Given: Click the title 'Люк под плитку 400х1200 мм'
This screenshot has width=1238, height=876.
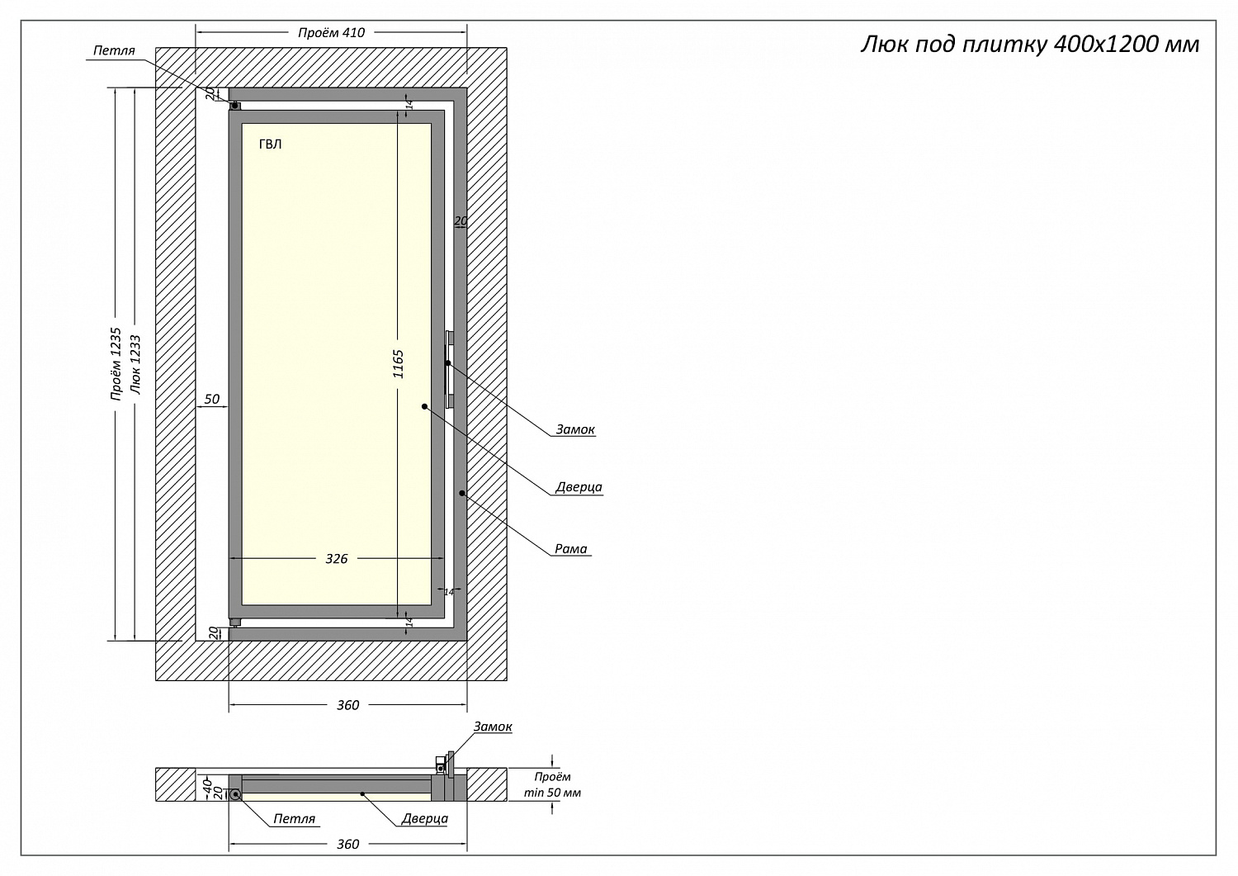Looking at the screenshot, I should (1029, 44).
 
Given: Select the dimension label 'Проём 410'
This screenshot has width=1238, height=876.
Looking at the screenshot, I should (331, 33).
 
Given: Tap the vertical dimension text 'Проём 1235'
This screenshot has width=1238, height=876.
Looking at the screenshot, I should (116, 364).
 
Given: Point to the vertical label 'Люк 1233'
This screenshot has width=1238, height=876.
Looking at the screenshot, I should (136, 364).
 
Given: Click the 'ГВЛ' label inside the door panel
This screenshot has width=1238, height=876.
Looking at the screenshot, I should (270, 144).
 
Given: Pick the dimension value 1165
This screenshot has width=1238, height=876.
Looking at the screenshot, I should (399, 364).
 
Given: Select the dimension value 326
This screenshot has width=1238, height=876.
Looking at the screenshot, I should (336, 559).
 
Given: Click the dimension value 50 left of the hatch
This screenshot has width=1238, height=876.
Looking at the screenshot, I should (212, 400).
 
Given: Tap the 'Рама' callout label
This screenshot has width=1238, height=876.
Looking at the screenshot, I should (571, 548).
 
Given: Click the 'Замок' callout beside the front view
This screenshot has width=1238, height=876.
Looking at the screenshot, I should (575, 429).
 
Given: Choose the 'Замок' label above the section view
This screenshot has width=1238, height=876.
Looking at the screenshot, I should (493, 727).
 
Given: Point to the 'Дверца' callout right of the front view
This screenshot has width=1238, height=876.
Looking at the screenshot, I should (579, 487).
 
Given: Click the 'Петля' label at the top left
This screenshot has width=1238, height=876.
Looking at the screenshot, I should (114, 50).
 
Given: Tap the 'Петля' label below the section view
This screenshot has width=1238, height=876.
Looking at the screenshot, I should (294, 819).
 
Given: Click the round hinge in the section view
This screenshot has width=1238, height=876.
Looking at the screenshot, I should (235, 794).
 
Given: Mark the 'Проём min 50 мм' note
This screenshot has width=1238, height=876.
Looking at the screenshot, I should (552, 784).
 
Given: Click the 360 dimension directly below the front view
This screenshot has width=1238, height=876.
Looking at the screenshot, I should (348, 705).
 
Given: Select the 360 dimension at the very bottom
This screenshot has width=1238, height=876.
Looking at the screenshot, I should (348, 844).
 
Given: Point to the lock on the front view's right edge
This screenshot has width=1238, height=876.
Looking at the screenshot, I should (449, 370).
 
